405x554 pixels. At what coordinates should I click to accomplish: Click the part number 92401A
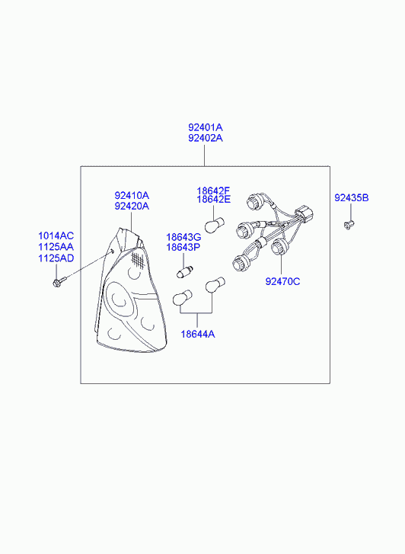(205, 127)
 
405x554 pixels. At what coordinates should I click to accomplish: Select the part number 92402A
(205, 138)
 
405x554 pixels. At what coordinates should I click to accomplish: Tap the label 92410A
(132, 195)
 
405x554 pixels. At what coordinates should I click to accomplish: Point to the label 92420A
(132, 206)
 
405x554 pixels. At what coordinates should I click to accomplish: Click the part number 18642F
(213, 191)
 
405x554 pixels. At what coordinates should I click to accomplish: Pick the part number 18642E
(214, 199)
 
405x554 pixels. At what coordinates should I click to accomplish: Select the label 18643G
(183, 237)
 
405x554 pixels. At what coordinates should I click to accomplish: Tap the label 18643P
(183, 248)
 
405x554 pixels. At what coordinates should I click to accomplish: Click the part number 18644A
(198, 334)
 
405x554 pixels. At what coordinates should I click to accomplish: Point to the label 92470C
(282, 282)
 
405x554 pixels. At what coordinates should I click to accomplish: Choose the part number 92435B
(351, 198)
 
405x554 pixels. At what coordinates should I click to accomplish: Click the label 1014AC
(56, 235)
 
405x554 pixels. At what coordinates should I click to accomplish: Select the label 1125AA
(56, 247)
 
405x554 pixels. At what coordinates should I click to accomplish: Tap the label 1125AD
(56, 258)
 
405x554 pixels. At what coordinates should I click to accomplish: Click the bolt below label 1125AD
(59, 282)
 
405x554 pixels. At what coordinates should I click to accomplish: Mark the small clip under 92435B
(349, 225)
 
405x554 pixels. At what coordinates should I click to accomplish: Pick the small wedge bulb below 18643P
(184, 272)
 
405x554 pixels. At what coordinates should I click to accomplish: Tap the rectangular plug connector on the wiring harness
(305, 213)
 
